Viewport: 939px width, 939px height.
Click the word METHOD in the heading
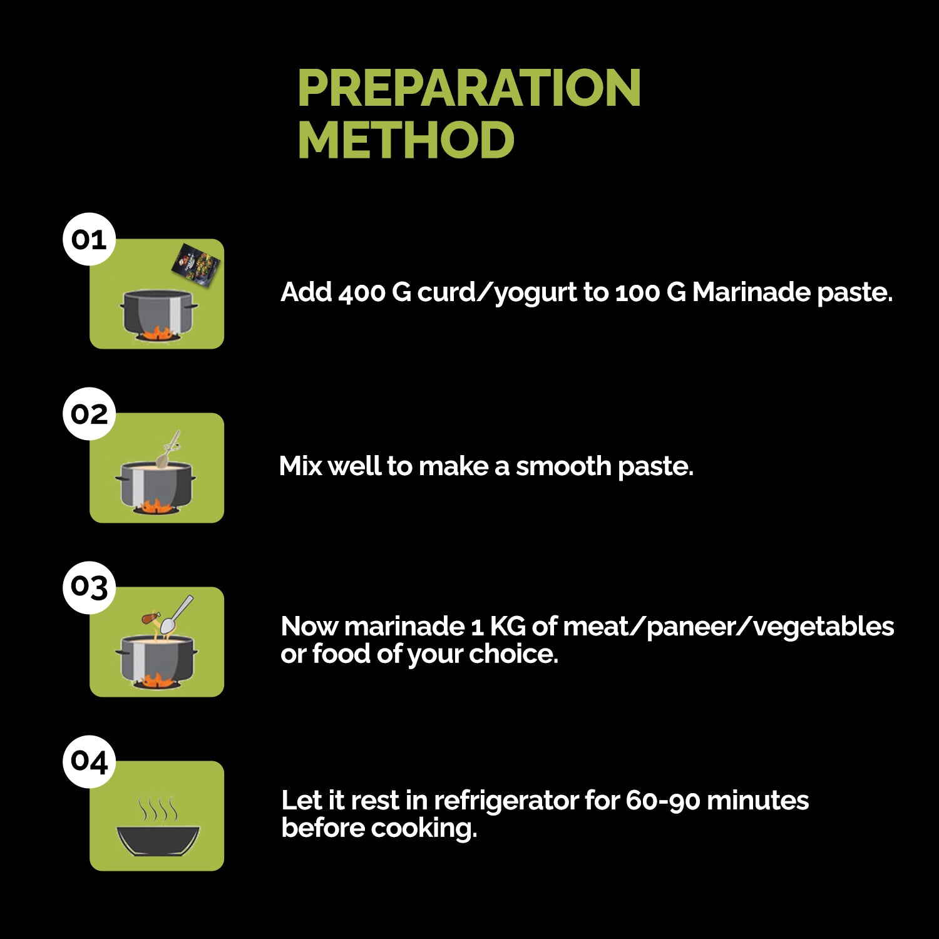(406, 140)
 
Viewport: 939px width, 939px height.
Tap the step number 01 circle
(89, 239)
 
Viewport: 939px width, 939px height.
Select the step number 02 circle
(89, 414)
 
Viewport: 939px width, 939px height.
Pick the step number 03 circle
(89, 587)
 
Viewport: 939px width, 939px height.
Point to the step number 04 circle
(89, 761)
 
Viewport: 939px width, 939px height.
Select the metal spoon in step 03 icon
(176, 615)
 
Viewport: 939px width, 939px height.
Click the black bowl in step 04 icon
(158, 840)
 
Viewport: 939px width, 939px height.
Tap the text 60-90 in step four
(662, 801)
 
